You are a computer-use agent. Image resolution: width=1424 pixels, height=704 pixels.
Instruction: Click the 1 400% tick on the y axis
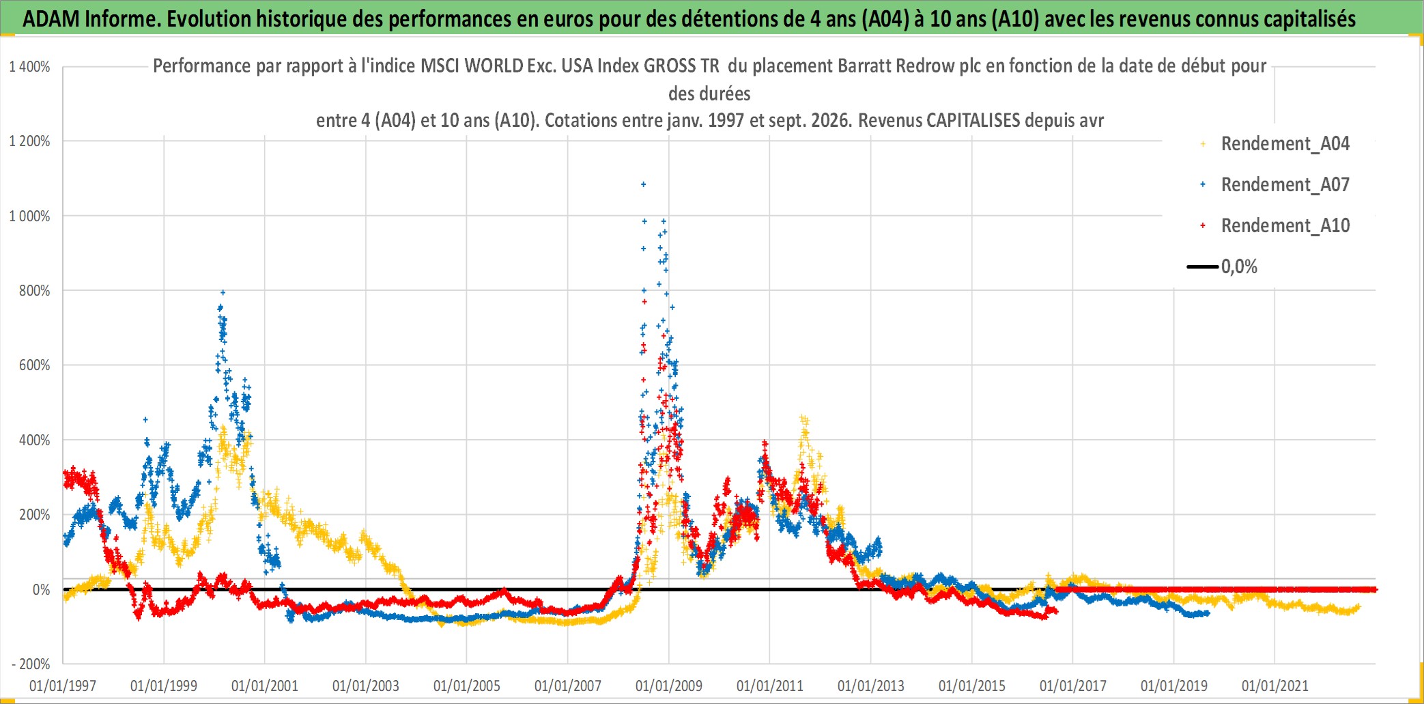click(x=29, y=67)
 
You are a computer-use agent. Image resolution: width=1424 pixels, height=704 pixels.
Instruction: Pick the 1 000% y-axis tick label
click(x=29, y=216)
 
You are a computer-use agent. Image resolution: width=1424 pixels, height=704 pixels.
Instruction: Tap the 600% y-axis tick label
click(x=34, y=365)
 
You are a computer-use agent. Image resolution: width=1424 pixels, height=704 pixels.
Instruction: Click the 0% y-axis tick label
click(x=41, y=589)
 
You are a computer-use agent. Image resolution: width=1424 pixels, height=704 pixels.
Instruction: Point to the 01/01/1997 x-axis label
click(x=63, y=686)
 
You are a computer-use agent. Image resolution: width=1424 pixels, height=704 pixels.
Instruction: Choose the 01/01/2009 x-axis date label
click(x=669, y=686)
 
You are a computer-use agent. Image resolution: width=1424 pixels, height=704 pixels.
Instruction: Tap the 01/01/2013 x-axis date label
click(x=871, y=686)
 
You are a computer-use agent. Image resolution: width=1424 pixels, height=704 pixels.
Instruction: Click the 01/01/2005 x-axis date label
click(x=467, y=686)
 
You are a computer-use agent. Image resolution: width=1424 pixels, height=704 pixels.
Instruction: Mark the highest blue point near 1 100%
click(x=643, y=184)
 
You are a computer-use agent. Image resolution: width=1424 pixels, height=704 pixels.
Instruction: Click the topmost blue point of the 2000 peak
click(x=223, y=292)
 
